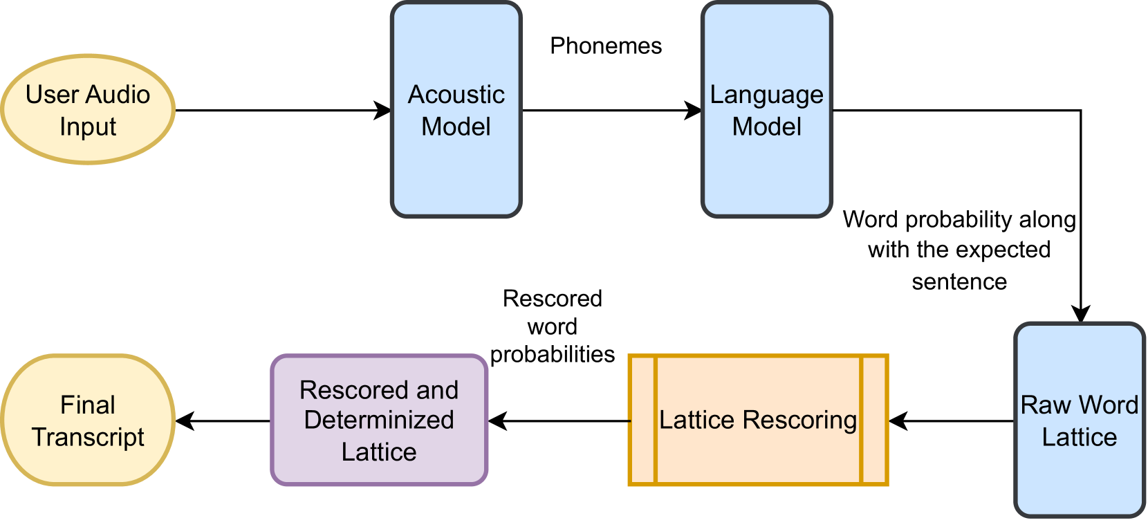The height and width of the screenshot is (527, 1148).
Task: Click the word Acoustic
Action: (456, 94)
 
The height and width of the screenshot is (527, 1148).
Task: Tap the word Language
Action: (766, 95)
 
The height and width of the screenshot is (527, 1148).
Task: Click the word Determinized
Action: (379, 420)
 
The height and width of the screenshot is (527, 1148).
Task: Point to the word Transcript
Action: (88, 437)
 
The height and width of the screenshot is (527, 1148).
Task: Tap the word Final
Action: (88, 405)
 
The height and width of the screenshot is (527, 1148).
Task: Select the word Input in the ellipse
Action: (88, 127)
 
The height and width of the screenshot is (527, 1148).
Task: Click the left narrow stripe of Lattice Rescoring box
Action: (642, 420)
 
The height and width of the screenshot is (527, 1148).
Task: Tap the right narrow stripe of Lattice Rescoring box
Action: (873, 420)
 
